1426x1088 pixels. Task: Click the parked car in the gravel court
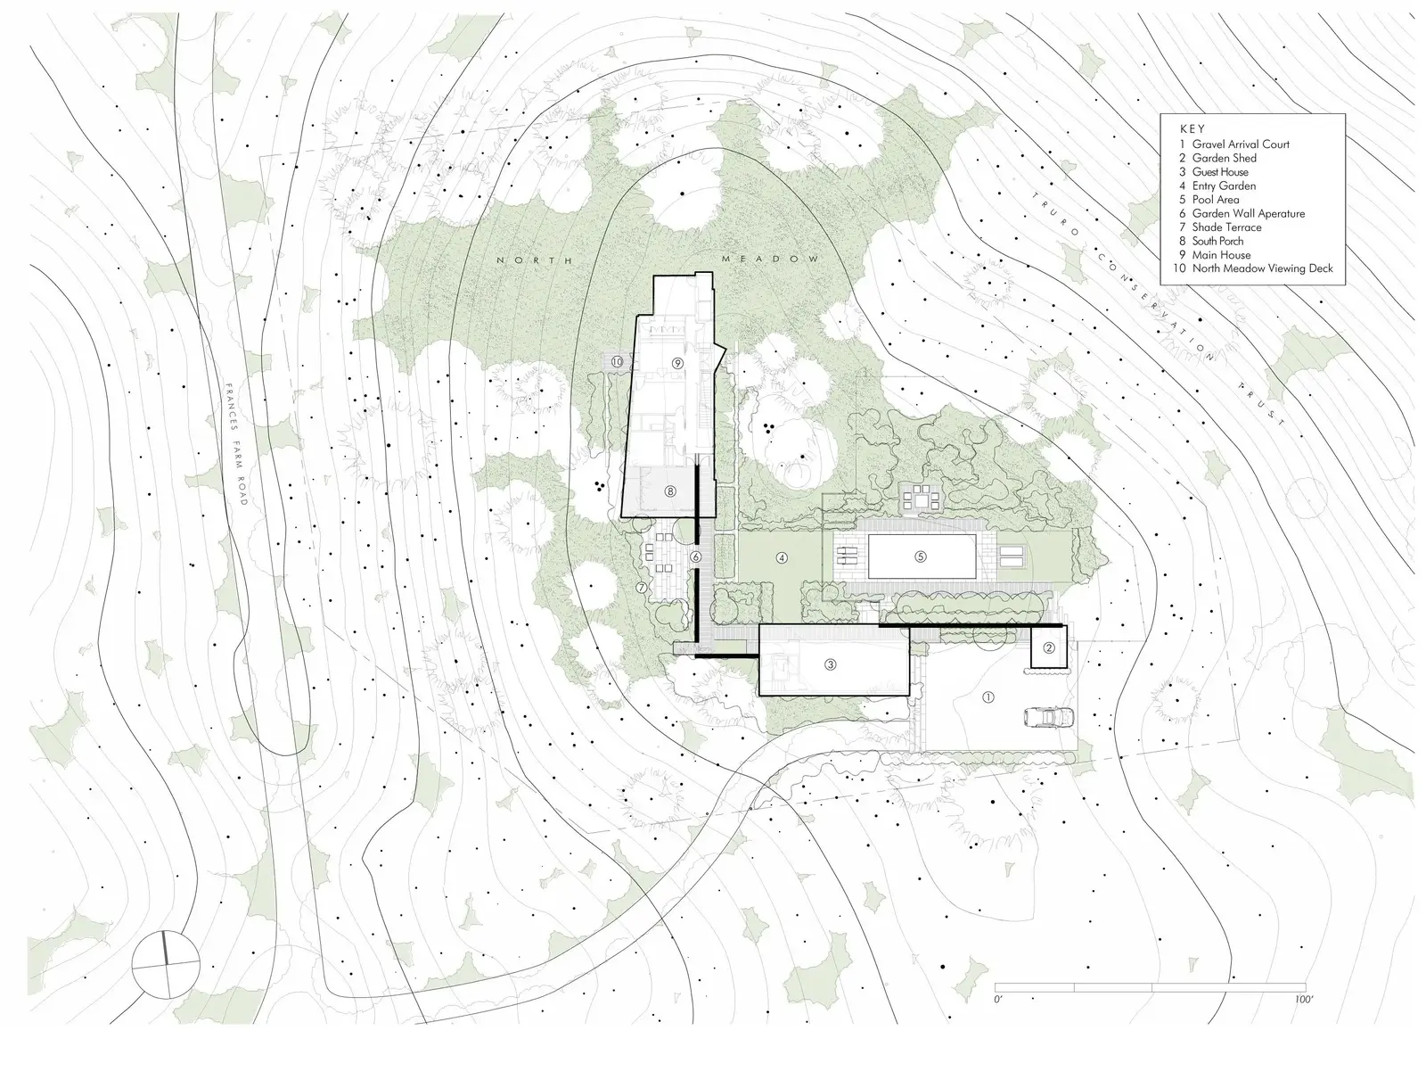point(1048,717)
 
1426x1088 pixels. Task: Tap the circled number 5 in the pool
point(920,556)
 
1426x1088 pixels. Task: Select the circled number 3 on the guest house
point(830,664)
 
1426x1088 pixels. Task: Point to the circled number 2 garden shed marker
point(1049,647)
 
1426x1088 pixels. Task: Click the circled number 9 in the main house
point(677,363)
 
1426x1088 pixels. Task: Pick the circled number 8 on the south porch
point(670,491)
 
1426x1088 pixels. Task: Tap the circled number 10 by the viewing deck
point(617,362)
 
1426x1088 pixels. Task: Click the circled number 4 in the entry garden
point(783,557)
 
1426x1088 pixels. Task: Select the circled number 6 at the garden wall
point(696,557)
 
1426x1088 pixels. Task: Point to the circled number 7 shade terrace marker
point(641,588)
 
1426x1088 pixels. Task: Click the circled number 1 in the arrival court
point(988,697)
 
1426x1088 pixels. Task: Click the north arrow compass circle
point(165,965)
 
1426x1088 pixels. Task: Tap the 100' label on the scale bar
point(1303,1000)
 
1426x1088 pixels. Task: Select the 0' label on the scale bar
point(998,1000)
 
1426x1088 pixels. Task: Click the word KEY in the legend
point(1192,128)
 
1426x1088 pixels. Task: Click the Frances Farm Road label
point(236,444)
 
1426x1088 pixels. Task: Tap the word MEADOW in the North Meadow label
point(771,259)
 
